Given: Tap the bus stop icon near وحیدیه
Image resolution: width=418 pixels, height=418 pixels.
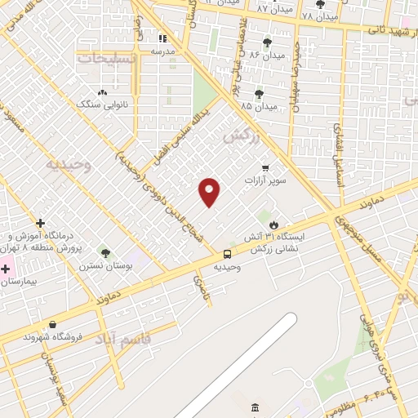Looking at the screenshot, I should (x=227, y=253).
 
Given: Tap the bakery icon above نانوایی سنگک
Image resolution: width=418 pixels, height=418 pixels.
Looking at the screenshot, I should (x=102, y=93).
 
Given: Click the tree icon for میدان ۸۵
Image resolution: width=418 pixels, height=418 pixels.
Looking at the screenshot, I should (x=259, y=94).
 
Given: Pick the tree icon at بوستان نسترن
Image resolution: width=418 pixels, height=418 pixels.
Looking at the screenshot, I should (x=104, y=253).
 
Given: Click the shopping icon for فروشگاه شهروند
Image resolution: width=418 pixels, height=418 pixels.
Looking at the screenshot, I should (x=53, y=325).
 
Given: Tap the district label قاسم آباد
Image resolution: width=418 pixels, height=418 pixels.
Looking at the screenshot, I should (x=124, y=337).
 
